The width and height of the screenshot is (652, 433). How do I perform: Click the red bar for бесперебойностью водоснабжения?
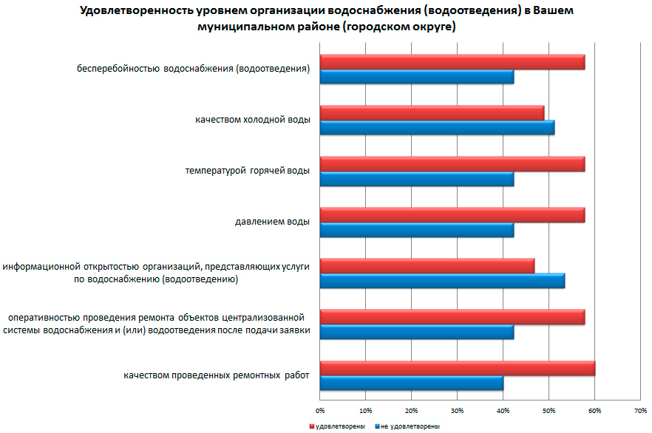pos(452,62)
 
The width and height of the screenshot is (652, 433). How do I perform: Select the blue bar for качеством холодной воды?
pos(437,128)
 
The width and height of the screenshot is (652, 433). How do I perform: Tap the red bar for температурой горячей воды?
pos(452,164)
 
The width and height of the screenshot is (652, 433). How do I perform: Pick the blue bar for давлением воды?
pos(417,230)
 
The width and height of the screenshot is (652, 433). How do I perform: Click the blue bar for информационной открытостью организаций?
pos(442,281)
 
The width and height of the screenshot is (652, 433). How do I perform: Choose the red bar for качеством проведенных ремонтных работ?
pos(458,368)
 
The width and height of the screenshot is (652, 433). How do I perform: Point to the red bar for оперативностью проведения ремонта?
pos(452,317)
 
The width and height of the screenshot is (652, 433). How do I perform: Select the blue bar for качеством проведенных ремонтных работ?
pos(412,383)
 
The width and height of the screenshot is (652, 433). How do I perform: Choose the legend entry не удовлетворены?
pos(410,426)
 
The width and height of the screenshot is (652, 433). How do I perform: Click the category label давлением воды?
pos(272,220)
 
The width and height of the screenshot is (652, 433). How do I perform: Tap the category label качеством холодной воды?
pos(253,119)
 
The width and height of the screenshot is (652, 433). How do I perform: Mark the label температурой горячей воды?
pos(247,170)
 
